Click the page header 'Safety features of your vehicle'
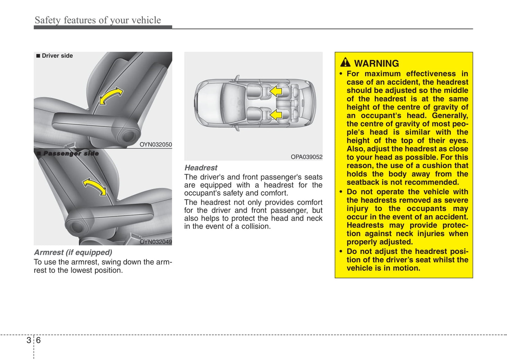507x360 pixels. click(98, 20)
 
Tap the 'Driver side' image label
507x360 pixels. click(55, 56)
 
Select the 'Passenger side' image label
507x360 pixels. click(68, 153)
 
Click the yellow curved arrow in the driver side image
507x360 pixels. click(111, 96)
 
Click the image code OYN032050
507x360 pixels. click(156, 145)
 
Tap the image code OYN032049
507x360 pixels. click(156, 242)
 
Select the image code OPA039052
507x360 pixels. click(306, 157)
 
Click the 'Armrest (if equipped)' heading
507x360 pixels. click(73, 252)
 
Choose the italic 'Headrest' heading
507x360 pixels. click(201, 168)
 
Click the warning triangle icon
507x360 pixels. click(345, 62)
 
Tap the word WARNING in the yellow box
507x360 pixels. click(376, 64)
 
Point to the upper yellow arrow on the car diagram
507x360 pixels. click(276, 91)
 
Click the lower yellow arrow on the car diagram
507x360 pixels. click(276, 115)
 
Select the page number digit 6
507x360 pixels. click(38, 340)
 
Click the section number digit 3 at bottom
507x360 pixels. click(29, 340)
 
